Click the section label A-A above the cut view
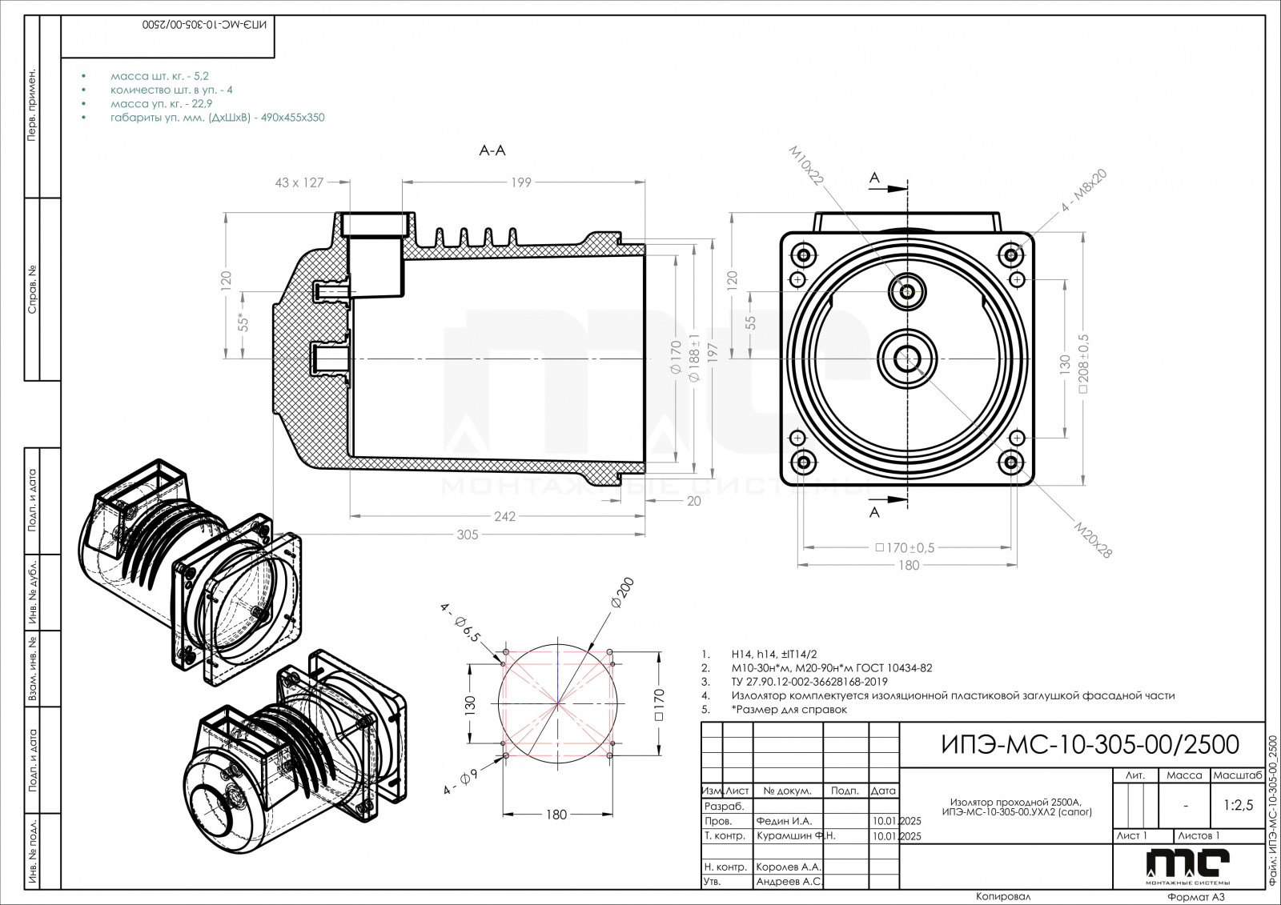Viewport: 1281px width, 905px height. [x=492, y=150]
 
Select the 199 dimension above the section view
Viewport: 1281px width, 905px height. [x=520, y=183]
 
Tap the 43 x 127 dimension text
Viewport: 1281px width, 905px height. [x=299, y=183]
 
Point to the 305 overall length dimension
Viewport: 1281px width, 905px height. [x=467, y=535]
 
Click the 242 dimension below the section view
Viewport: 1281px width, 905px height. [x=504, y=517]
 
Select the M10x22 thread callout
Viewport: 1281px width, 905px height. [x=806, y=166]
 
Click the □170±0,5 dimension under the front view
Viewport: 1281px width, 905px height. [x=905, y=548]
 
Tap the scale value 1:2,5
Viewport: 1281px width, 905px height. [x=1237, y=806]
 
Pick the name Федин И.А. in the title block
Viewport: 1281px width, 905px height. [x=783, y=821]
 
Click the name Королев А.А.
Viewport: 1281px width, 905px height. [x=788, y=867]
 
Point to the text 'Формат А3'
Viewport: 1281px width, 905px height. [x=1196, y=897]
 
